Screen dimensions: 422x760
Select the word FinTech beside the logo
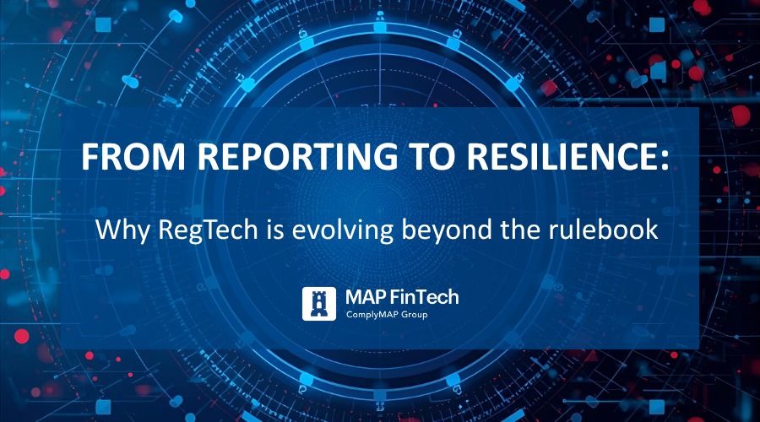click(427, 297)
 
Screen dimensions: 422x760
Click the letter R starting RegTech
click(167, 230)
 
